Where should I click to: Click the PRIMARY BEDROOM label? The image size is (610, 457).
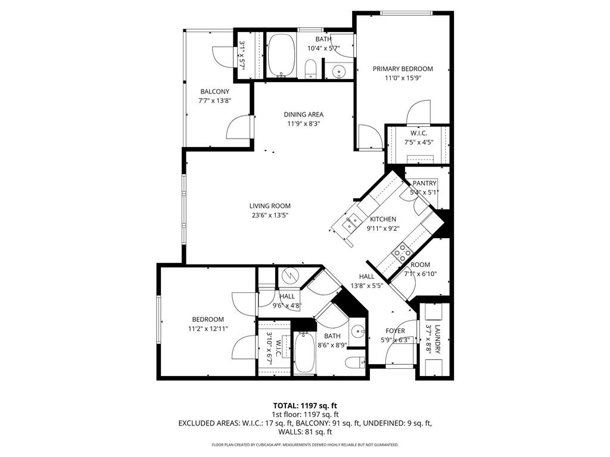pyautogui.click(x=403, y=68)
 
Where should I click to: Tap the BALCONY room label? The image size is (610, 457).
pyautogui.click(x=214, y=91)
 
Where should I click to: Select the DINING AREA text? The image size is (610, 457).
pyautogui.click(x=304, y=114)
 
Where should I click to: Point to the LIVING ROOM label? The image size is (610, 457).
pyautogui.click(x=270, y=206)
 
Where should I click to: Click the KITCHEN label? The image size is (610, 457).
pyautogui.click(x=382, y=219)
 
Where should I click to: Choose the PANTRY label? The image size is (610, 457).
pyautogui.click(x=425, y=183)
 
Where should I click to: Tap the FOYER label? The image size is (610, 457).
pyautogui.click(x=395, y=331)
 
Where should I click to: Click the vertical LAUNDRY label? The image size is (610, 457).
pyautogui.click(x=437, y=340)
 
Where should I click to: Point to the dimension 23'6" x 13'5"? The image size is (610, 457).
pyautogui.click(x=270, y=215)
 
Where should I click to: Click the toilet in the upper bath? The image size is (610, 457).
pyautogui.click(x=310, y=70)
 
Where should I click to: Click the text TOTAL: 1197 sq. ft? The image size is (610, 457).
pyautogui.click(x=305, y=405)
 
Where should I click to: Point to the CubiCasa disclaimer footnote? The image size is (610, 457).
pyautogui.click(x=305, y=445)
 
